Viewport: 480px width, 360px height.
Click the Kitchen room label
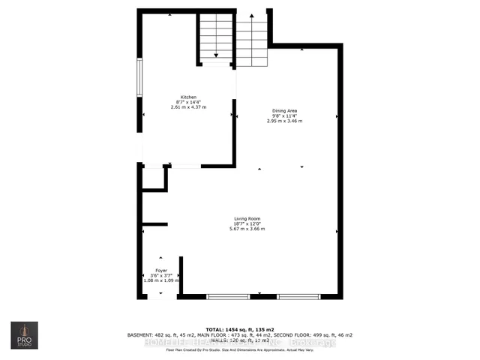pos(188,97)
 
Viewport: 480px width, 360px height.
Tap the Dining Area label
pos(285,110)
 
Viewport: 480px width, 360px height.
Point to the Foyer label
pos(161,270)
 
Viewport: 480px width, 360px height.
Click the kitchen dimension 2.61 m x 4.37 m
pos(188,107)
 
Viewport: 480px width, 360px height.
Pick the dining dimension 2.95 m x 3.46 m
pos(285,121)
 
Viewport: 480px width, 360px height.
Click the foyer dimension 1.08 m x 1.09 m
pos(161,280)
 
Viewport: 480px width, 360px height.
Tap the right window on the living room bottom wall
pos(298,297)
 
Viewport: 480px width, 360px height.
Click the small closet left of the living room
pos(154,179)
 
